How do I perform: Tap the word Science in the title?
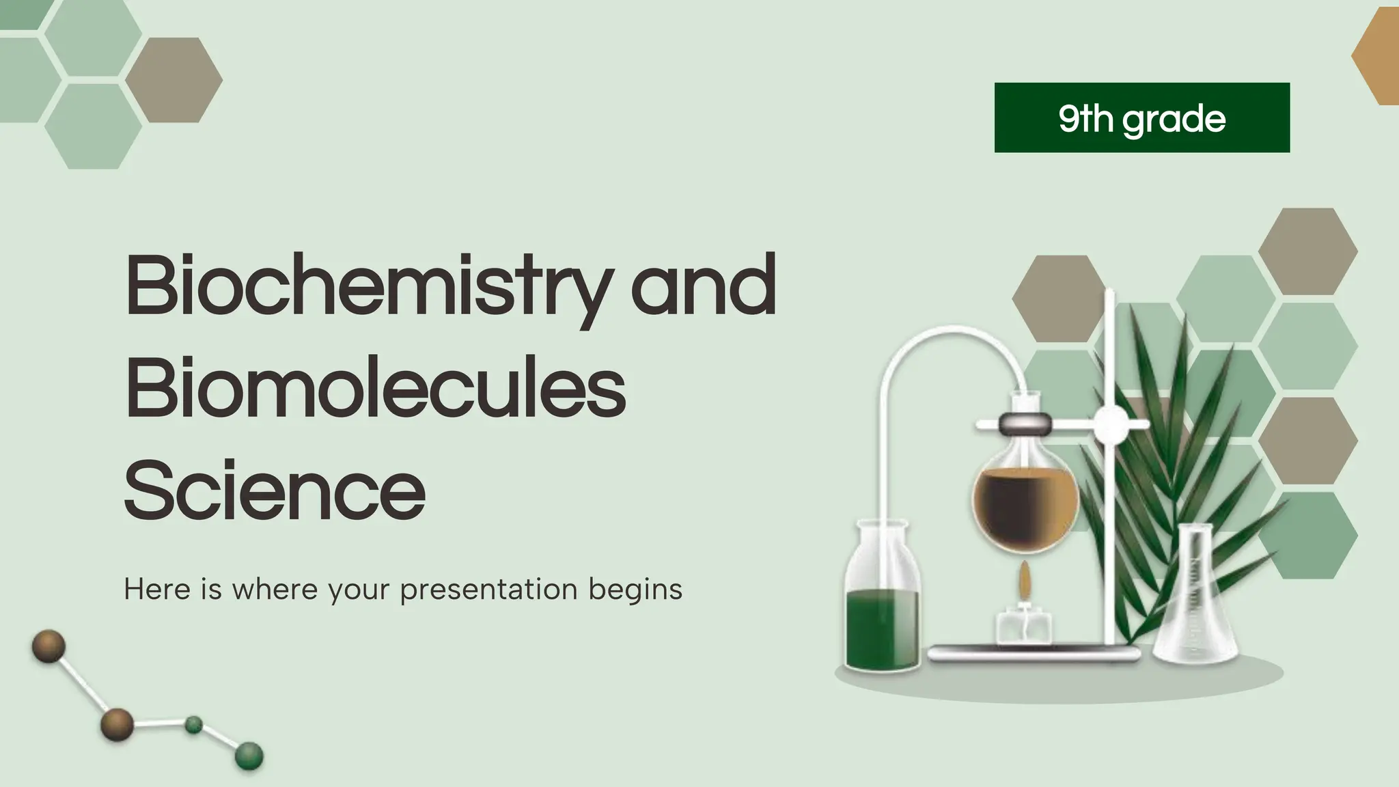(x=275, y=491)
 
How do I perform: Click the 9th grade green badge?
(x=1141, y=118)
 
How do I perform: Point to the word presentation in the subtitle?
(x=489, y=589)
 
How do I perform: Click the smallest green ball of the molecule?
(x=194, y=725)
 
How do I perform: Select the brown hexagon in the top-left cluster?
(x=174, y=80)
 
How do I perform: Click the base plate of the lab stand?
(x=1035, y=652)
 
